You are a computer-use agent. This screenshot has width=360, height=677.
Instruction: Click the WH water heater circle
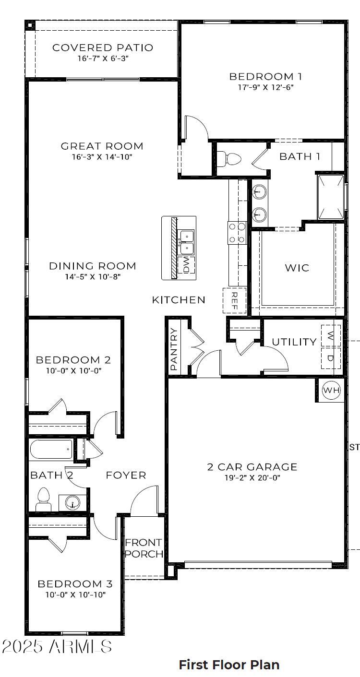(x=331, y=390)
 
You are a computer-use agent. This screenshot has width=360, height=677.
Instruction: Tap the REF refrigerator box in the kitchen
(x=235, y=301)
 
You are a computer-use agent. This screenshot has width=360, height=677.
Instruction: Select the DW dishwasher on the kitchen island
(x=186, y=265)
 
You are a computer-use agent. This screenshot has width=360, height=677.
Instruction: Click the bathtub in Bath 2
(x=51, y=450)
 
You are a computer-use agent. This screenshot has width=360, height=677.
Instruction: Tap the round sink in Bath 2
(x=72, y=503)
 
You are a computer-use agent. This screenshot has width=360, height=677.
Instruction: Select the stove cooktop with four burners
(x=237, y=233)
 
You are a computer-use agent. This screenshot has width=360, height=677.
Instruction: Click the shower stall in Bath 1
(x=331, y=197)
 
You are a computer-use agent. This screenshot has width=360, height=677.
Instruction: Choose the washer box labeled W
(x=331, y=335)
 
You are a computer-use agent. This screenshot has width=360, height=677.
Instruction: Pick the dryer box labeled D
(x=331, y=358)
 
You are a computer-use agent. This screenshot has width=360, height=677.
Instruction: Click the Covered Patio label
(x=103, y=48)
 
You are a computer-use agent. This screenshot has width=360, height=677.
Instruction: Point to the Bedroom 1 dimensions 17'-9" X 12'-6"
(x=265, y=87)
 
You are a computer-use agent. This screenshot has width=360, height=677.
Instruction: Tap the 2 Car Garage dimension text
(x=252, y=477)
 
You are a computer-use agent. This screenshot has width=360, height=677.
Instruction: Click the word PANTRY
(x=174, y=349)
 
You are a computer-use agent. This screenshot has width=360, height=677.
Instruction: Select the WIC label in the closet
(x=297, y=268)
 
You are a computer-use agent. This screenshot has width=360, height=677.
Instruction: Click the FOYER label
(x=126, y=475)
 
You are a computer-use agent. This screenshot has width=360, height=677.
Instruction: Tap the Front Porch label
(x=144, y=548)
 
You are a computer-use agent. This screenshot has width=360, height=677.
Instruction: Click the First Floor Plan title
(x=229, y=665)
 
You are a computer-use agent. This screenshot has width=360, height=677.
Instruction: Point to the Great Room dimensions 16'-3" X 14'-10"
(x=102, y=157)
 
